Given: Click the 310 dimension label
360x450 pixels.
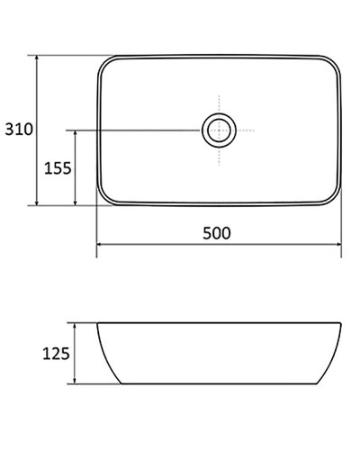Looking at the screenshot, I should click(18, 130).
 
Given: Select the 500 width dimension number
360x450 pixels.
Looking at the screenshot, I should click(217, 233).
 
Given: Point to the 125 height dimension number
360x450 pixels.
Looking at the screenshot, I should click(57, 355).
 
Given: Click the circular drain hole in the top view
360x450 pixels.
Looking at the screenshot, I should click(219, 130).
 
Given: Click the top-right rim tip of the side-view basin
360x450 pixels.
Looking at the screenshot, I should click(341, 322).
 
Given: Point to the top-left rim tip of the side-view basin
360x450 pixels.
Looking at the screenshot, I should click(97, 322).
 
